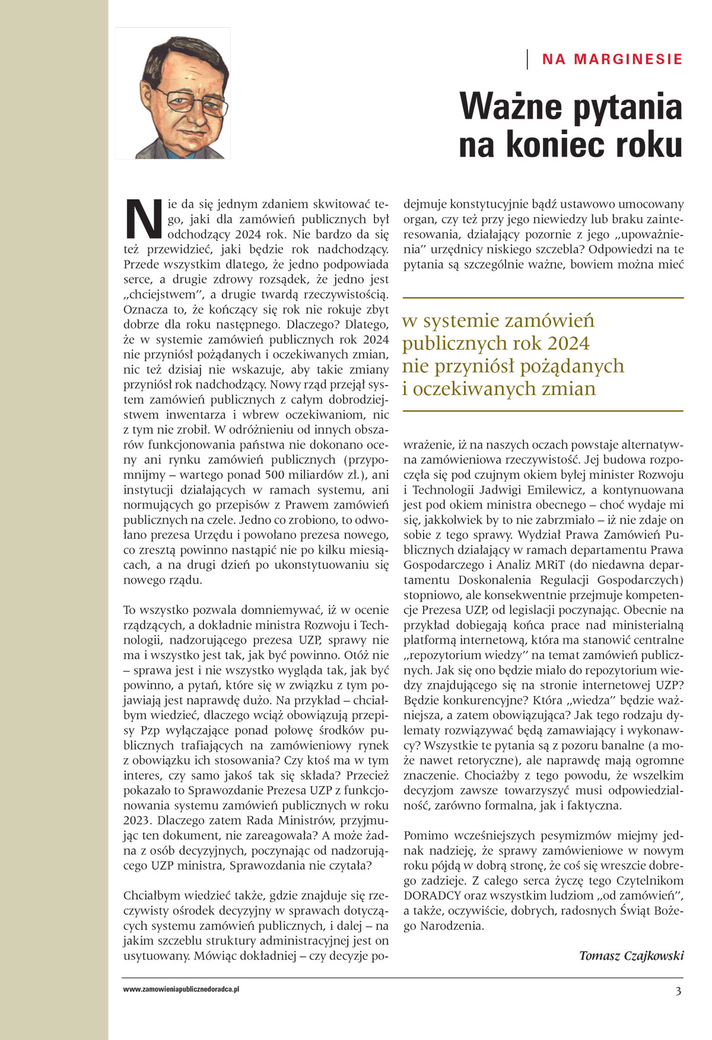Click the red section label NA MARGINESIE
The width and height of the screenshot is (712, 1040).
point(612,59)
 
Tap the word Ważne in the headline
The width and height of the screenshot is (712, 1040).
point(510,107)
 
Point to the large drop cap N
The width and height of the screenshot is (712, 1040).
point(144,218)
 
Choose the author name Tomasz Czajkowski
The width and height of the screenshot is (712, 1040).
point(631,955)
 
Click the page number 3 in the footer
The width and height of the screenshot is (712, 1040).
point(678,991)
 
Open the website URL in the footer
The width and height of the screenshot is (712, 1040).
point(181,990)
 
